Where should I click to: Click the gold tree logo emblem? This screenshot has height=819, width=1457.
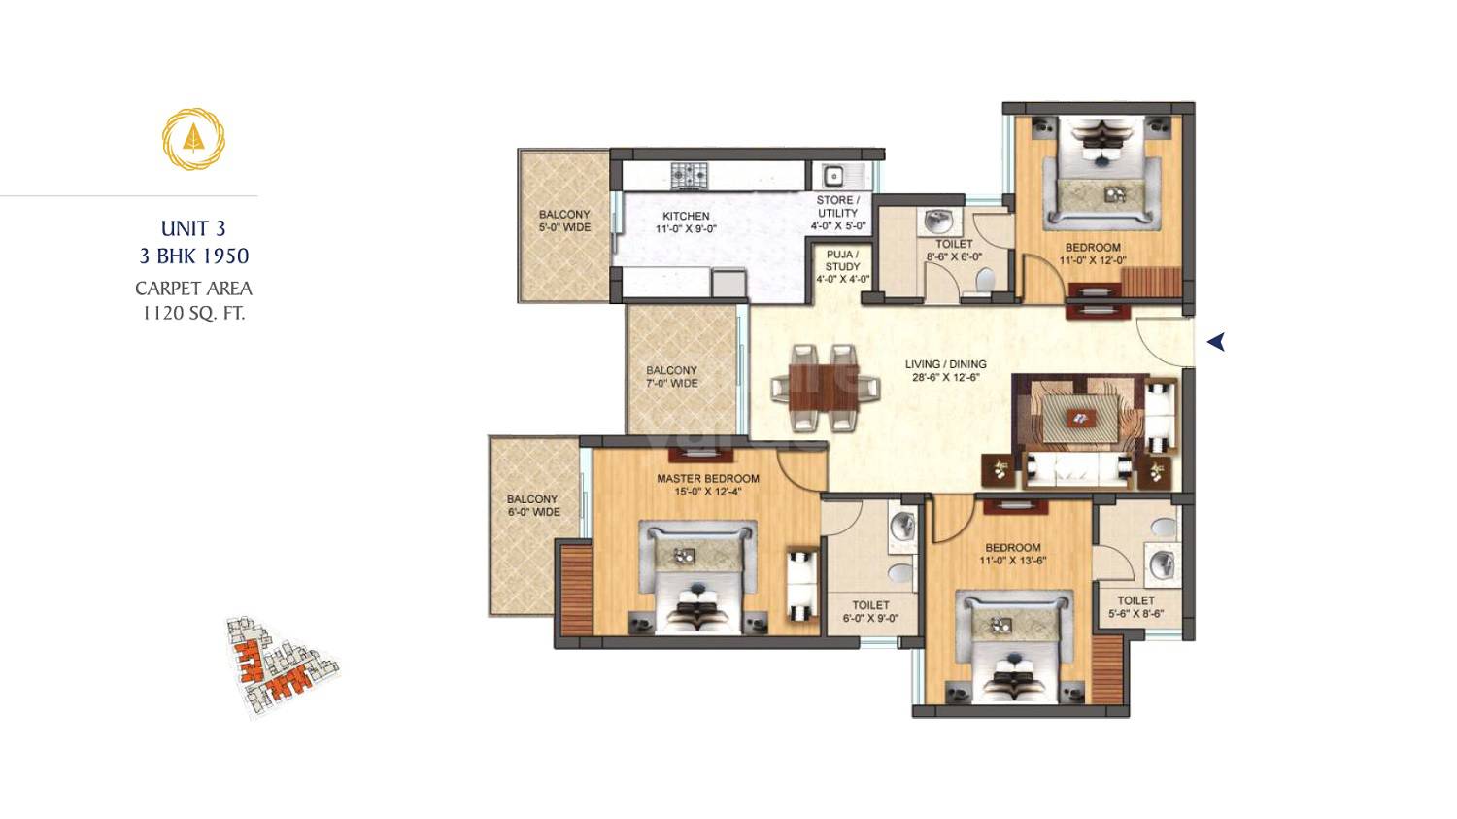coord(193,139)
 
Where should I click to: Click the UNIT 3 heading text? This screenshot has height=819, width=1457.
coord(193,228)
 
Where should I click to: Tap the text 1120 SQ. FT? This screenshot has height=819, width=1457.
coord(193,313)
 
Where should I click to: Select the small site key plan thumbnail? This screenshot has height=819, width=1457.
coord(283,666)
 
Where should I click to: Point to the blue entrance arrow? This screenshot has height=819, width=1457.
coord(1215,342)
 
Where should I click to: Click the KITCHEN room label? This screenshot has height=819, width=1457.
coord(686,222)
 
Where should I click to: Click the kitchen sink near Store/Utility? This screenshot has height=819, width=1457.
coord(833,176)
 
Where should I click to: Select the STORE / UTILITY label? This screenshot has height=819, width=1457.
coord(837,213)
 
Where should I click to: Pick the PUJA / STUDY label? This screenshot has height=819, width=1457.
coord(842,266)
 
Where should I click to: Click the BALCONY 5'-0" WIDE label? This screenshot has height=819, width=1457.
coord(564,221)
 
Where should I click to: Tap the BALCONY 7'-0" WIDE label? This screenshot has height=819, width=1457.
coord(671,377)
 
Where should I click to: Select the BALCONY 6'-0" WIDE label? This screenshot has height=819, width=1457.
coord(533,505)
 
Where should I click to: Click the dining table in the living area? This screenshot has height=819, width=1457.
coord(816,387)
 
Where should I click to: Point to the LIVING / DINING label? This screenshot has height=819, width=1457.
coord(945,370)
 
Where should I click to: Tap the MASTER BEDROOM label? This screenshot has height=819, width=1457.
coord(707,484)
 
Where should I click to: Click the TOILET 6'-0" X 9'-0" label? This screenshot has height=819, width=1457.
coord(870,611)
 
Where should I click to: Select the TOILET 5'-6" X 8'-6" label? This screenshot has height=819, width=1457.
coord(1135,607)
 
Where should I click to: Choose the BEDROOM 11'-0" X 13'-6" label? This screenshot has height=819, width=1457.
coord(1012,554)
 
